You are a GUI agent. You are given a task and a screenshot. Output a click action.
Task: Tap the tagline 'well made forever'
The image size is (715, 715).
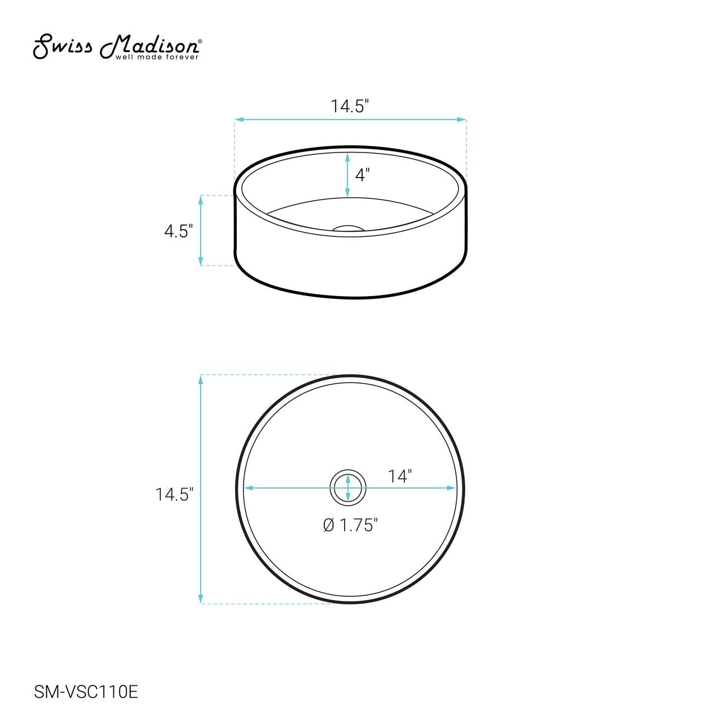click(x=157, y=57)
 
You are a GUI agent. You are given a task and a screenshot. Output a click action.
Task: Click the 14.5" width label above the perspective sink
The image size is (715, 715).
click(x=350, y=107)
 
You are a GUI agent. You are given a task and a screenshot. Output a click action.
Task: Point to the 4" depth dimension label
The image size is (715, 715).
click(x=362, y=175)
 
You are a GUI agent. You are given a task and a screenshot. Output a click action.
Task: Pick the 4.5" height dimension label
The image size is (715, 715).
click(x=179, y=231)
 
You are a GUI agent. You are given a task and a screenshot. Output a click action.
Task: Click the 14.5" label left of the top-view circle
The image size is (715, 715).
click(x=174, y=494)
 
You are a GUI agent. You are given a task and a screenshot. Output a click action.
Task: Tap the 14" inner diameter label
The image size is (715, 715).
click(x=400, y=476)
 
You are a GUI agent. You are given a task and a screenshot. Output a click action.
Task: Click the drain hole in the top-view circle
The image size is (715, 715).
click(x=347, y=489)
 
